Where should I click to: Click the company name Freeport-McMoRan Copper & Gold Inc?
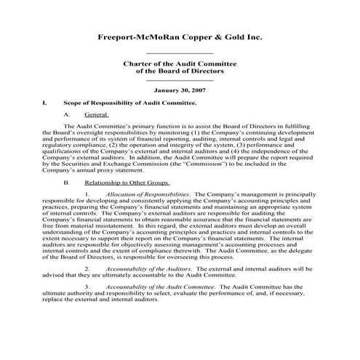(x=180, y=37)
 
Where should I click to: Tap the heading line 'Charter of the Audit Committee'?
(x=180, y=65)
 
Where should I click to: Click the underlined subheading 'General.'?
(x=96, y=115)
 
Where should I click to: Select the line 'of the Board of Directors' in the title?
(x=180, y=72)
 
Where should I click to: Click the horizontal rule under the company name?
(x=180, y=53)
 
